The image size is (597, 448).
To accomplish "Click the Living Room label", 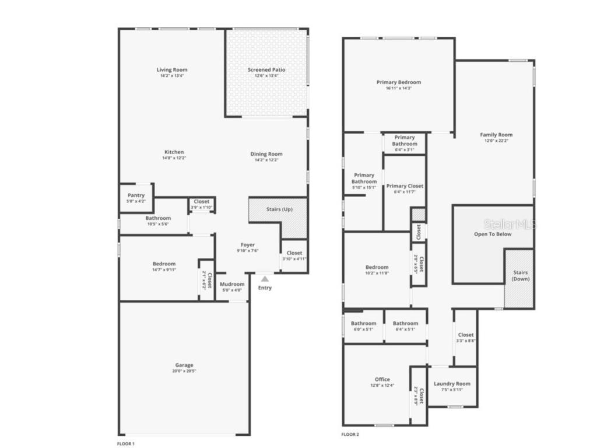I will click(172, 69).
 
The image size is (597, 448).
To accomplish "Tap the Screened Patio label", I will click(266, 69).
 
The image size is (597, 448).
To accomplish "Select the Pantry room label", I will click(136, 195).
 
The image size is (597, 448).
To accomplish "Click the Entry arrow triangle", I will click(265, 279).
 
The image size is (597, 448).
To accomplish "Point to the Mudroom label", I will click(232, 284).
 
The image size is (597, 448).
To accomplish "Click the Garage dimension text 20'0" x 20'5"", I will click(184, 371).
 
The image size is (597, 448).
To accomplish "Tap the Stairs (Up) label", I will click(279, 209).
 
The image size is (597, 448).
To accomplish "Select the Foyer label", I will click(248, 244).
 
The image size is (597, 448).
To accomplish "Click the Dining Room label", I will click(266, 154).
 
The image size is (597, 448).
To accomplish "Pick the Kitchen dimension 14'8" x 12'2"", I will click(173, 158).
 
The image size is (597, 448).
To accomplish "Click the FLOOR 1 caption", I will click(126, 444).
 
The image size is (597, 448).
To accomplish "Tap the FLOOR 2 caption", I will click(350, 435).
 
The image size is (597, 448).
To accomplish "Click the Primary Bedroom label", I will click(399, 82).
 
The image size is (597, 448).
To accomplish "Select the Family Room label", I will click(496, 135).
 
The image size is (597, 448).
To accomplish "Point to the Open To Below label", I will click(493, 234).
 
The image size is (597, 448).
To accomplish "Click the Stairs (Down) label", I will click(521, 275).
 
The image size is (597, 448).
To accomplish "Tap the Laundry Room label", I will click(452, 383).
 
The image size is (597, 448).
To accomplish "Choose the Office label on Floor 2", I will click(382, 379).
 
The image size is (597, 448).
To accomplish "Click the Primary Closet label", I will click(405, 186).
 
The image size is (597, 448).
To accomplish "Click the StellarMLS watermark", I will click(508, 224).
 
